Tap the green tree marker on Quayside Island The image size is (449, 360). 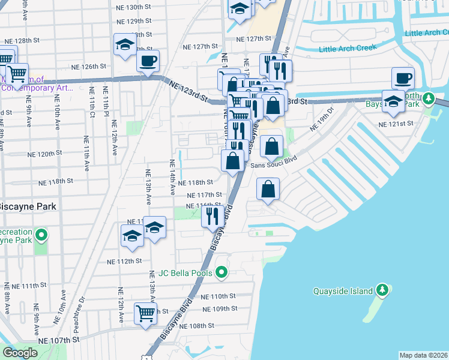point(383,291)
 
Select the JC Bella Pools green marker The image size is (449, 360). point(221,273)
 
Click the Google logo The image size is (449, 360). point(20,353)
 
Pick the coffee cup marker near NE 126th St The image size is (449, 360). point(148,60)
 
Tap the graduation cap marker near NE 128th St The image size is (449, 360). point(125,45)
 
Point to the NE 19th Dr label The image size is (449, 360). point(321,119)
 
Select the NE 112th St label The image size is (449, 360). point(124,262)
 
